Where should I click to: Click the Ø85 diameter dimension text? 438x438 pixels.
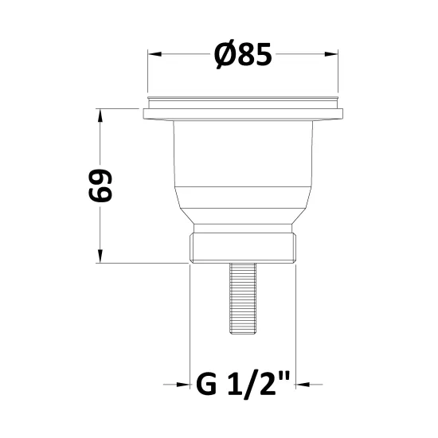point(243,55)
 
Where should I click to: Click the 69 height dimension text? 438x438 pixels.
point(100,186)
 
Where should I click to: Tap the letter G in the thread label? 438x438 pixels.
point(207,385)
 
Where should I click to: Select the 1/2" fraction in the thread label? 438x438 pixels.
point(259,385)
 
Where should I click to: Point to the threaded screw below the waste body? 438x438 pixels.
point(243,298)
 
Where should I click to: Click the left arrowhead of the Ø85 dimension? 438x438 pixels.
point(154,54)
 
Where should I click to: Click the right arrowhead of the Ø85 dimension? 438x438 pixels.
point(331,54)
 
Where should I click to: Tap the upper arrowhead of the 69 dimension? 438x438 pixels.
point(100,115)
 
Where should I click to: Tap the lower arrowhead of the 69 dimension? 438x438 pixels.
point(100,256)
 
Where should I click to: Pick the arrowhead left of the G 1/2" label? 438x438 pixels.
point(183,385)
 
